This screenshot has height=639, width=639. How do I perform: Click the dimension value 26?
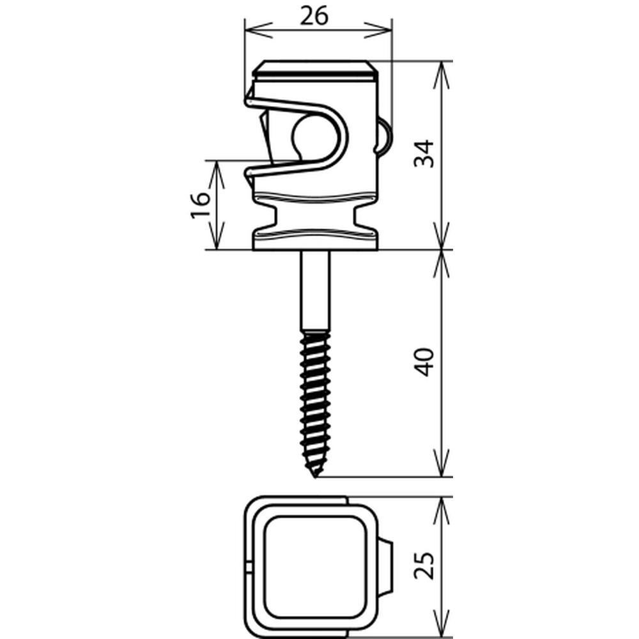(313, 17)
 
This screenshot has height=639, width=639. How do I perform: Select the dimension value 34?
(424, 153)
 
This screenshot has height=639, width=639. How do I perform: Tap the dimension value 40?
(424, 362)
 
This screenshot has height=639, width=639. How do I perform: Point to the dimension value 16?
(201, 205)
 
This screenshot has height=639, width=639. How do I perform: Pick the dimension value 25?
(424, 566)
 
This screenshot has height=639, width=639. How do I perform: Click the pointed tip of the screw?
(315, 477)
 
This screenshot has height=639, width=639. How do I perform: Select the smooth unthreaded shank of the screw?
(316, 291)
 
